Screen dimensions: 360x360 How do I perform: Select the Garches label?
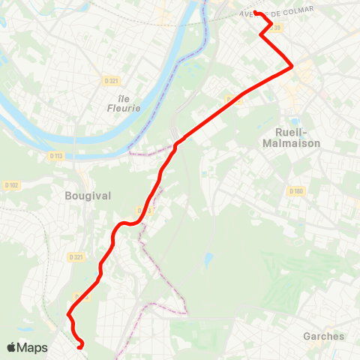pos(324,336)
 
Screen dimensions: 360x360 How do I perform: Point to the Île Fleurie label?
pos(119,102)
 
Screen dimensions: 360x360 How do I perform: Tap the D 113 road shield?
pos(55,156)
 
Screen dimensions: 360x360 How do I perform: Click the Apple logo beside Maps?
pos(12,347)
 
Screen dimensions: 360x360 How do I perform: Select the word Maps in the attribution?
pos(32,347)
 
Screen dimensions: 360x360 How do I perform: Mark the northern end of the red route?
pos(256,12)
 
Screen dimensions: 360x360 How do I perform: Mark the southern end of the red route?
pos(80,346)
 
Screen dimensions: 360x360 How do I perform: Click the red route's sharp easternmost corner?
pos(292,67)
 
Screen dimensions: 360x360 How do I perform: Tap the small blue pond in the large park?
pos(208,259)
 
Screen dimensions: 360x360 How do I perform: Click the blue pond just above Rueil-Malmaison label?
pos(295,121)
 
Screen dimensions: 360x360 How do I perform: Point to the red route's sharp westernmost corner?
pos(68,313)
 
